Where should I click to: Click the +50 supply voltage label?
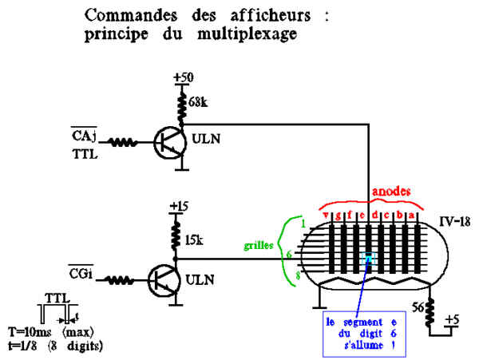184,77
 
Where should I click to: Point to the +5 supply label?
453,319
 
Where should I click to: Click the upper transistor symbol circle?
170,142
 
